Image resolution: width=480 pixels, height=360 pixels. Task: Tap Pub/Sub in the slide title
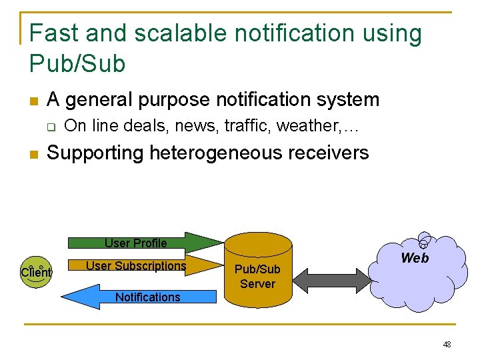77,63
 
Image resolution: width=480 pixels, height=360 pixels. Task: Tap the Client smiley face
36,271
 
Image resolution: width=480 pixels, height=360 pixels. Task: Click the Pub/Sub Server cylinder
258,273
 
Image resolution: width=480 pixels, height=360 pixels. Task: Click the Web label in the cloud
415,258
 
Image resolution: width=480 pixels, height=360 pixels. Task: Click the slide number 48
447,345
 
